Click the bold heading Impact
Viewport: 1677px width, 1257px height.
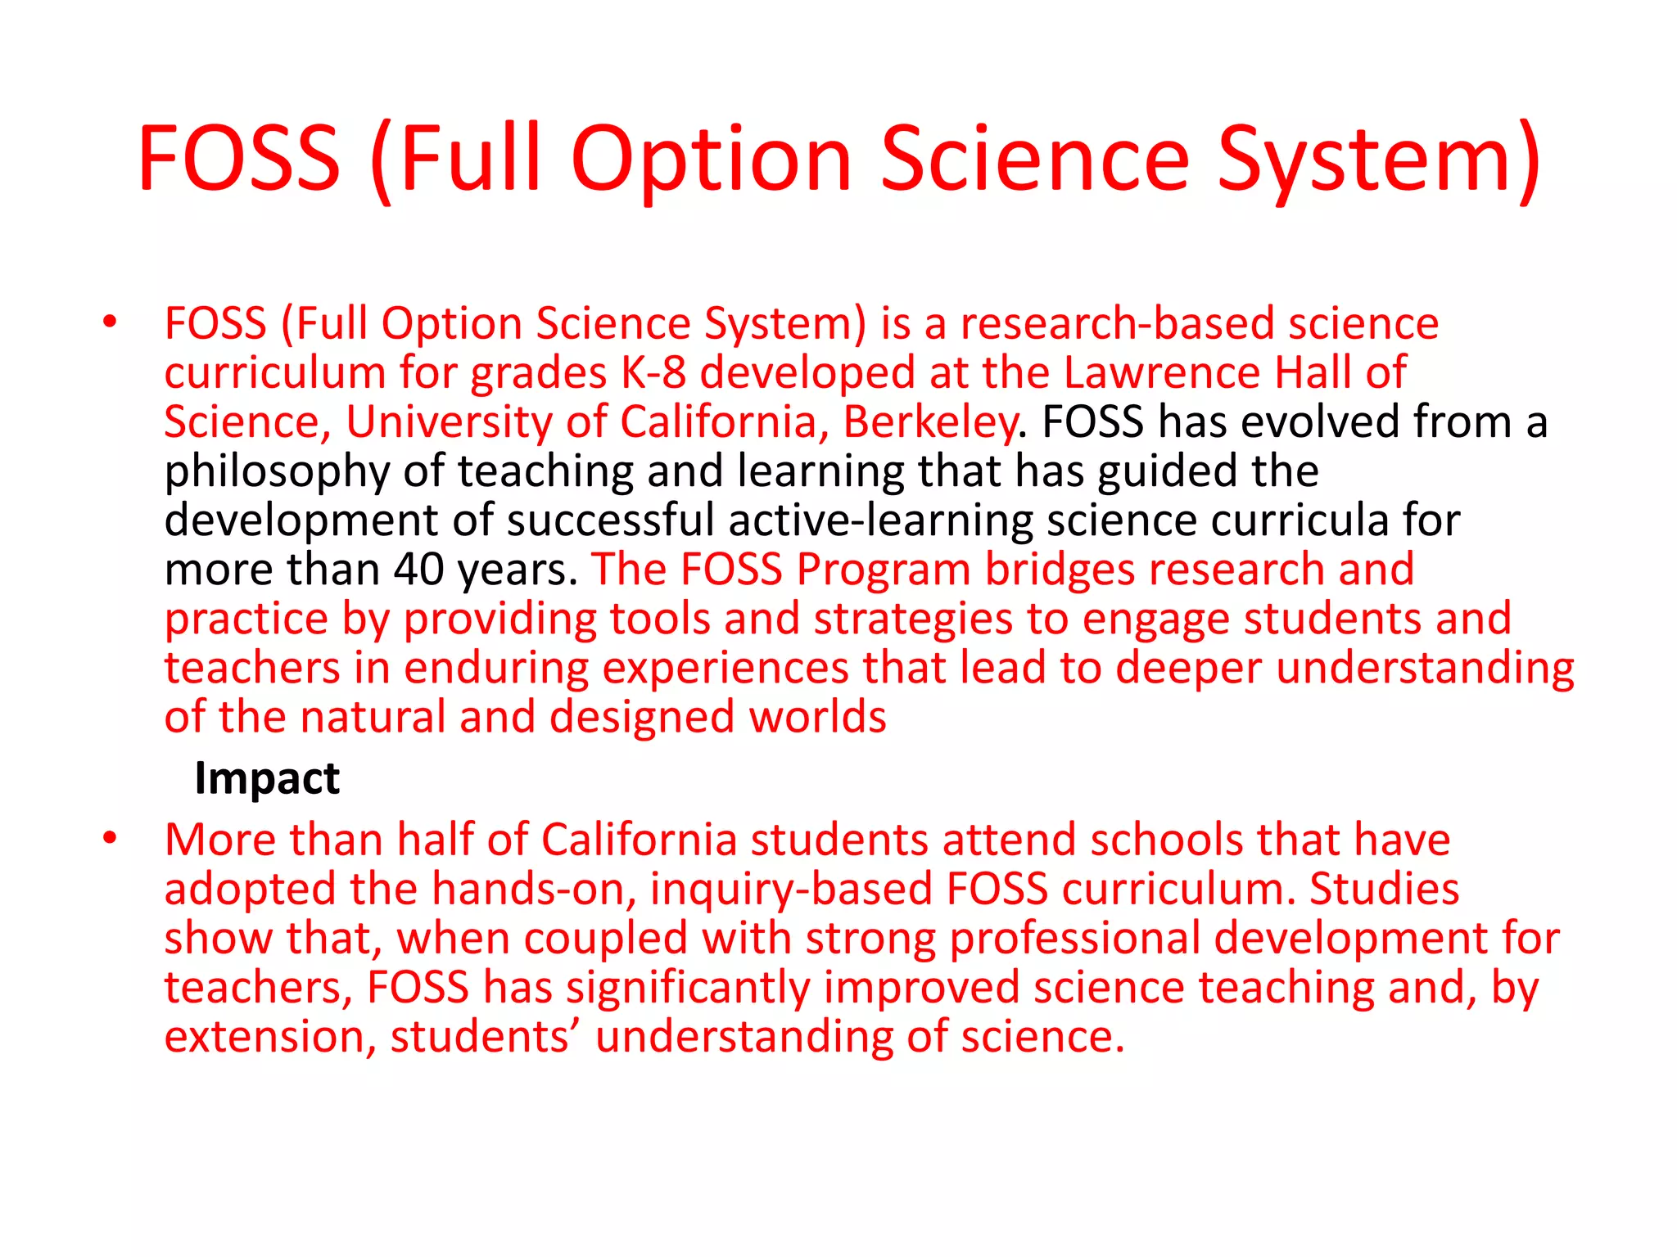pyautogui.click(x=267, y=777)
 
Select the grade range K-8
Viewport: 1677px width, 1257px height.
pyautogui.click(x=653, y=373)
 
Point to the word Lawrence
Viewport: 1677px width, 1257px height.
pyautogui.click(x=1162, y=373)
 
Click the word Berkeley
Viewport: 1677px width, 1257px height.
pyautogui.click(x=930, y=422)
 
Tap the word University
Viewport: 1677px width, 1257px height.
pyautogui.click(x=449, y=422)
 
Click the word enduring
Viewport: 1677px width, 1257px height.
pyautogui.click(x=496, y=669)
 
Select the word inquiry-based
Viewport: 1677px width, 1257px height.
pyautogui.click(x=791, y=890)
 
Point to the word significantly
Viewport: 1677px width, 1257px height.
pyautogui.click(x=688, y=988)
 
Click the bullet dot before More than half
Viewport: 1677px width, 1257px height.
pyautogui.click(x=110, y=839)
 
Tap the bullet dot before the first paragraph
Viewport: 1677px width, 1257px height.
pyautogui.click(x=110, y=322)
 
